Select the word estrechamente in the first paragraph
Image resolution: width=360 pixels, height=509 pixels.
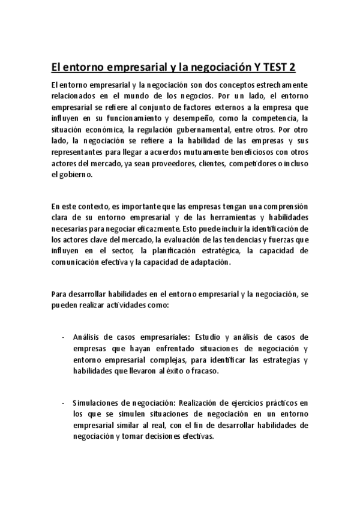click(x=279, y=85)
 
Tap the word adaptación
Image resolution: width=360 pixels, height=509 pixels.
click(x=209, y=262)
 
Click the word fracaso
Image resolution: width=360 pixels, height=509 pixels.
click(x=202, y=371)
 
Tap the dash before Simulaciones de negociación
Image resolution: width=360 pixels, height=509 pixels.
click(x=63, y=402)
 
